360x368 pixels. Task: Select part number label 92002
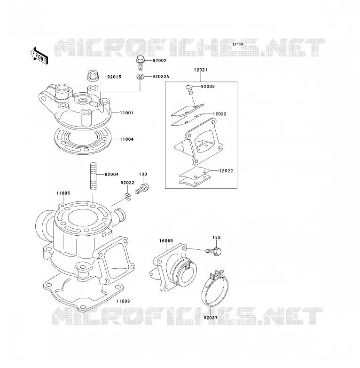pos(159,61)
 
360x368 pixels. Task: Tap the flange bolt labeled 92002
pos(141,63)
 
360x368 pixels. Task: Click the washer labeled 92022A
pos(140,77)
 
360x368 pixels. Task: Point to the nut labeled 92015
pos(93,75)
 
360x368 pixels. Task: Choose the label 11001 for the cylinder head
pos(126,113)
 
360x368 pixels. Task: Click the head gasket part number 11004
pos(127,139)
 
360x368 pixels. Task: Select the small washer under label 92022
pos(128,196)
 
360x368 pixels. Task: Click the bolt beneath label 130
pos(142,189)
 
